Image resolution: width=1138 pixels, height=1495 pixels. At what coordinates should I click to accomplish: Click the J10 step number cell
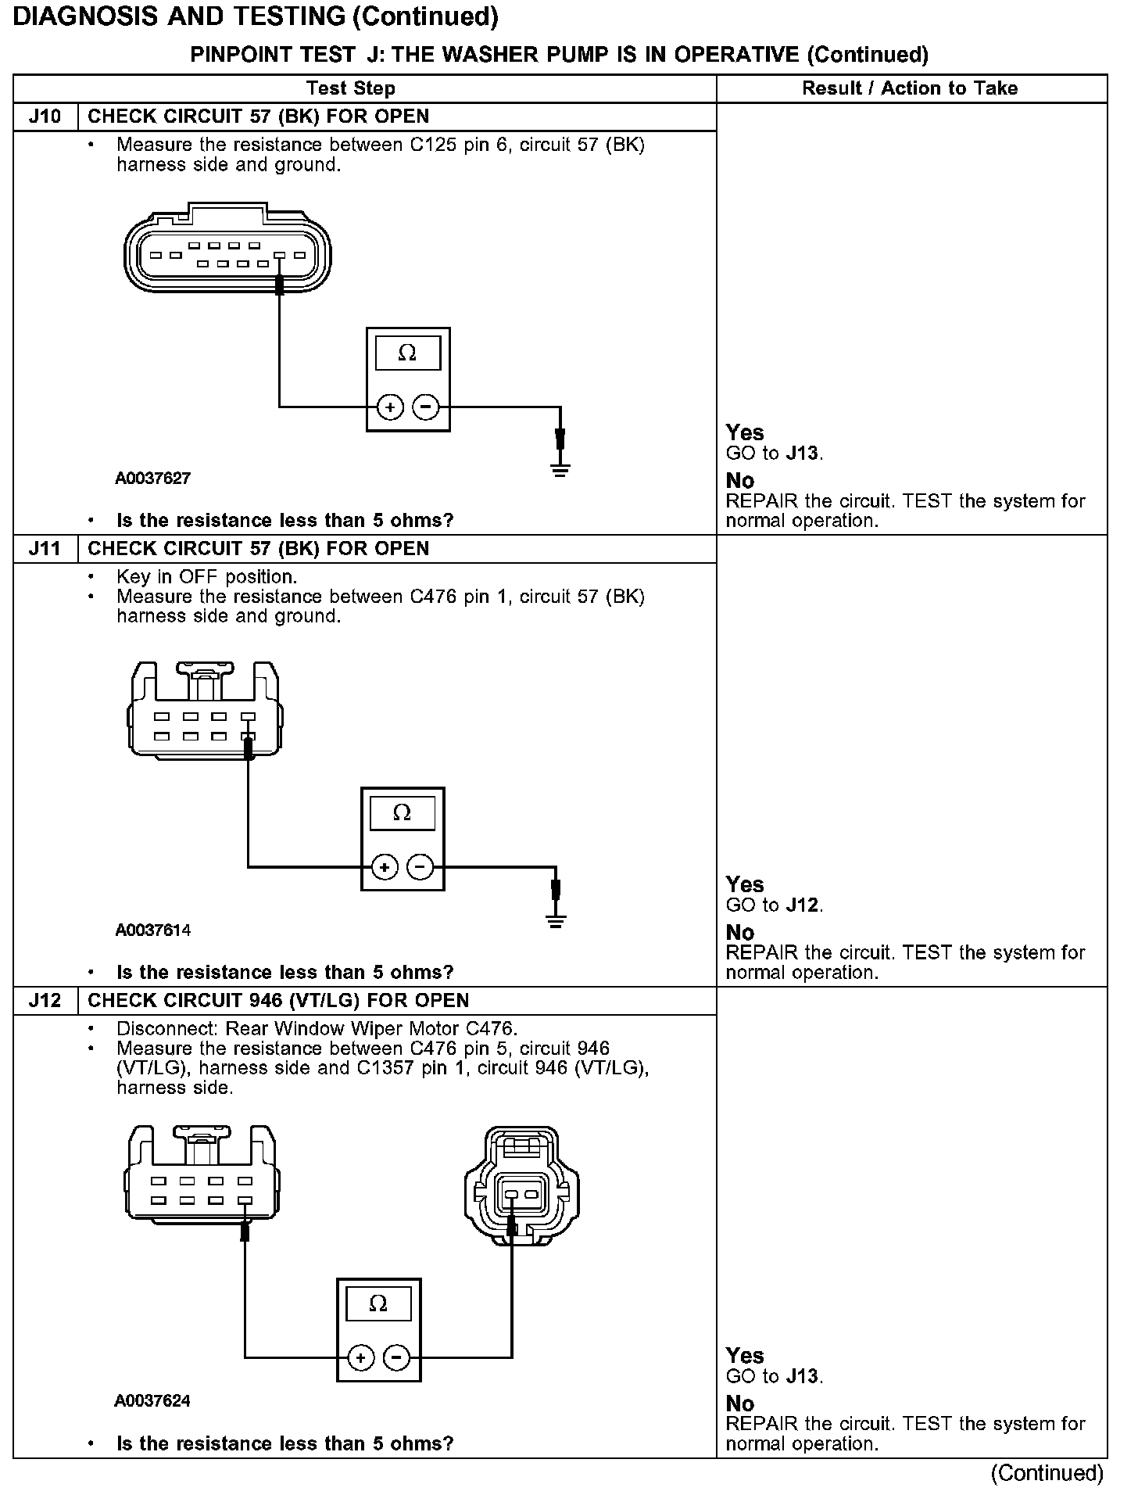pyautogui.click(x=45, y=117)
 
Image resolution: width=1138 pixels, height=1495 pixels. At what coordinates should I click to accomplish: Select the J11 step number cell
pyautogui.click(x=45, y=549)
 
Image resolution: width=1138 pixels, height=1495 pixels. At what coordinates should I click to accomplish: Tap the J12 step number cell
pyautogui.click(x=45, y=1001)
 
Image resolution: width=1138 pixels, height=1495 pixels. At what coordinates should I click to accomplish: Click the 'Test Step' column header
pyautogui.click(x=351, y=88)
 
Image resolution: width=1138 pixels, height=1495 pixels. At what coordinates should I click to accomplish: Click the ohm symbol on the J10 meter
pyautogui.click(x=407, y=353)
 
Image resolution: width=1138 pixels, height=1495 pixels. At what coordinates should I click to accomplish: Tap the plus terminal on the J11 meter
pyautogui.click(x=385, y=867)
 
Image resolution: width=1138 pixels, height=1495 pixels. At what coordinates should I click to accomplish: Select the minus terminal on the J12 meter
pyautogui.click(x=396, y=1358)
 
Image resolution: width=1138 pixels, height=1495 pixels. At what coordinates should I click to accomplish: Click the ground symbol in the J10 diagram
pyautogui.click(x=560, y=469)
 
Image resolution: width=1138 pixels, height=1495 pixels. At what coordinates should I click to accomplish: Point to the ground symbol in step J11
pyautogui.click(x=555, y=921)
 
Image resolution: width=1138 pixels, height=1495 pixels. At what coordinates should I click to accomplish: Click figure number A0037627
pyautogui.click(x=153, y=479)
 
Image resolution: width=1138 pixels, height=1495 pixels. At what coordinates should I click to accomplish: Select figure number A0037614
pyautogui.click(x=153, y=930)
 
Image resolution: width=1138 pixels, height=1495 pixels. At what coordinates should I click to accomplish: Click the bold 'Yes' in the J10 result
pyautogui.click(x=744, y=432)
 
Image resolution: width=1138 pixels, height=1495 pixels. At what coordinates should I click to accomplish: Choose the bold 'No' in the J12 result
pyautogui.click(x=739, y=1404)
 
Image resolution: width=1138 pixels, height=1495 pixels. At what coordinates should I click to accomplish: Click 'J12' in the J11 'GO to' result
pyautogui.click(x=803, y=905)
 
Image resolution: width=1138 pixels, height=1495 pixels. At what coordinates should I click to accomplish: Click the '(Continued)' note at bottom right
pyautogui.click(x=1047, y=1473)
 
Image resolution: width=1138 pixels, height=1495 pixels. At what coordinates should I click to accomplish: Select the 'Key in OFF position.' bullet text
pyautogui.click(x=206, y=577)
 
